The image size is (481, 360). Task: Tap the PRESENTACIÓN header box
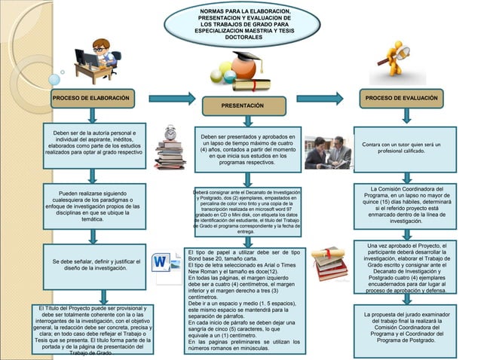click(x=241, y=106)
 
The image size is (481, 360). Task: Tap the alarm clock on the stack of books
click(x=170, y=133)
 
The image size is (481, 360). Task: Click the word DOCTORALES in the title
click(x=239, y=37)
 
